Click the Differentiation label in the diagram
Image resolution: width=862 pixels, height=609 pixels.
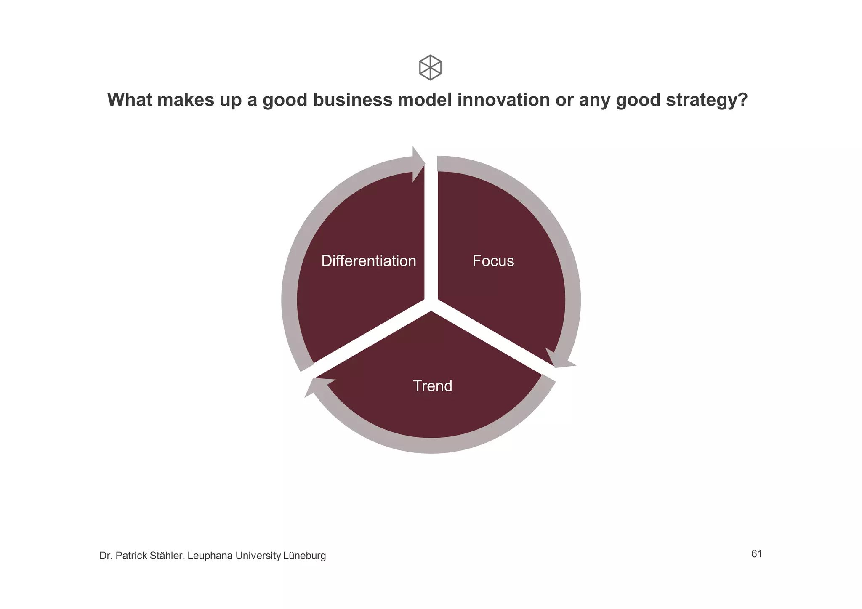(368, 261)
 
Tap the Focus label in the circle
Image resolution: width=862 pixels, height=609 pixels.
(493, 261)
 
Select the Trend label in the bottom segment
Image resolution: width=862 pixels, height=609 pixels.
(432, 386)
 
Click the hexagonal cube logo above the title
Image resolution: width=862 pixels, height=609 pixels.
(430, 67)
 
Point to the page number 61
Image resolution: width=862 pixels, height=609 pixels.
(756, 554)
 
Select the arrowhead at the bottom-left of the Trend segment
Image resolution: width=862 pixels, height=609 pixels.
(318, 386)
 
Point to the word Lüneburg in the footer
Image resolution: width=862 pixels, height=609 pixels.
(304, 556)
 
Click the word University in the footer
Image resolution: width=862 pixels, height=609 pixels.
(258, 556)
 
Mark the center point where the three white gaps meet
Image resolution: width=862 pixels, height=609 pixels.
(431, 304)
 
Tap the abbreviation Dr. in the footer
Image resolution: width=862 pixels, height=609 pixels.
(105, 556)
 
